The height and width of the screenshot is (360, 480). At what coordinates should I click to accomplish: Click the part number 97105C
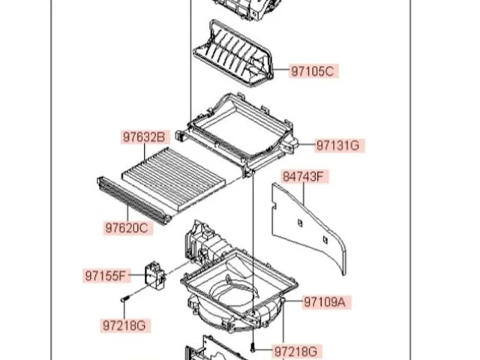point(313,71)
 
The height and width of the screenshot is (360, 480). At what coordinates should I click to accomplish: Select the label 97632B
point(144,137)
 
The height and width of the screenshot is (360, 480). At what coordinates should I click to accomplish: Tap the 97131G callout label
point(340,145)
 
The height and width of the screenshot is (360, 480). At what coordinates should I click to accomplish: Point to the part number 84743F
point(304,177)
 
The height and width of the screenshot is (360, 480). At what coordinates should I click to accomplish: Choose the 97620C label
point(127,228)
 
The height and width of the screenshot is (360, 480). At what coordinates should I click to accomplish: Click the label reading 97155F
point(106,276)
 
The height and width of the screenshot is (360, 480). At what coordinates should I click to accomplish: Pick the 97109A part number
point(326,302)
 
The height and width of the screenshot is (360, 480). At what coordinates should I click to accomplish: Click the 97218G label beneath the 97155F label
point(125,325)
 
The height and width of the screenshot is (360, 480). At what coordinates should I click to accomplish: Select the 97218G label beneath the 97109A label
point(296,351)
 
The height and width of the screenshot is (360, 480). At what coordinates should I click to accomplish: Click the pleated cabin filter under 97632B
point(173,178)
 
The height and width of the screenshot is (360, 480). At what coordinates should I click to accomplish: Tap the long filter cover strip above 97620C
point(133,200)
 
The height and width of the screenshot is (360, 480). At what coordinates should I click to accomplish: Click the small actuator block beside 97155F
point(155,275)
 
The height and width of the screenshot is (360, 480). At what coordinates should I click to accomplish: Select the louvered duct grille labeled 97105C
point(233,53)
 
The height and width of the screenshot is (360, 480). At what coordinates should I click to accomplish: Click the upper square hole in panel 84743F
point(300,223)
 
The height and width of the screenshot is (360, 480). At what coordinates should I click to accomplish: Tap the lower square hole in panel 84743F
point(325,240)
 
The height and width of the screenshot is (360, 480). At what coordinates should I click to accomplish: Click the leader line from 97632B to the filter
point(145,152)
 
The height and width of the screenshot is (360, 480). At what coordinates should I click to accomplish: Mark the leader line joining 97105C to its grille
point(281,70)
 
